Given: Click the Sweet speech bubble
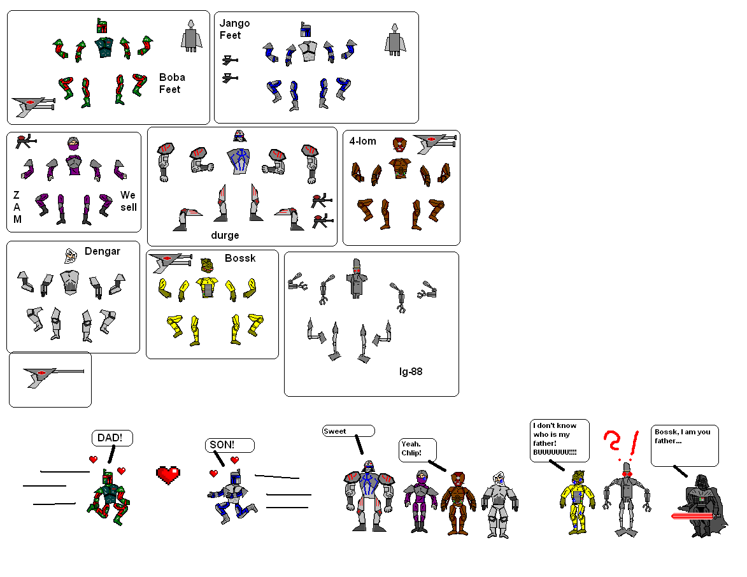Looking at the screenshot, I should (x=348, y=431).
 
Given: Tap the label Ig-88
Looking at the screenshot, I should (x=406, y=371).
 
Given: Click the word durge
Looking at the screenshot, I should (x=225, y=235).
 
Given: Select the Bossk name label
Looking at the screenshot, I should (x=240, y=258).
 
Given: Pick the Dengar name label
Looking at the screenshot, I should (x=102, y=251).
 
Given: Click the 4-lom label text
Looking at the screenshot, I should (x=362, y=141).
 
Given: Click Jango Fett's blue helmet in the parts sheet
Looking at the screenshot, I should (x=306, y=29).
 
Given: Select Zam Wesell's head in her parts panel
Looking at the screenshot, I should (x=74, y=145).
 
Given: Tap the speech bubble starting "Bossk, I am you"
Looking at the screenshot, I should (x=685, y=445).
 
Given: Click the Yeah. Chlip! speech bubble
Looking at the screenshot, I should (x=418, y=450).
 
